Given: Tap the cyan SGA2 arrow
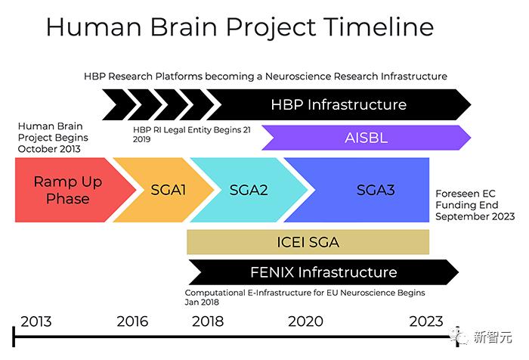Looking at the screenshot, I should click(x=248, y=190).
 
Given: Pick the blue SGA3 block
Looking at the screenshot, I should click(x=376, y=190).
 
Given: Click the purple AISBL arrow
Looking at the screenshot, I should click(x=365, y=137).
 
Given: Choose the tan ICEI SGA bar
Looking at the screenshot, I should click(x=308, y=242).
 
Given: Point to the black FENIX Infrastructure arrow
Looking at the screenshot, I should click(x=323, y=272).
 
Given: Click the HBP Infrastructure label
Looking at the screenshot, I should click(x=338, y=104).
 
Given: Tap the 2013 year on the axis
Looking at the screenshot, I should click(x=36, y=321).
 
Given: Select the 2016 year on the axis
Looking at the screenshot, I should click(x=132, y=321).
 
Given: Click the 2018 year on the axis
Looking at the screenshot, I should click(x=208, y=321).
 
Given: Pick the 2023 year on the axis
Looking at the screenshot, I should click(x=426, y=321).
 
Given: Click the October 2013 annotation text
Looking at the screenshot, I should click(x=48, y=148).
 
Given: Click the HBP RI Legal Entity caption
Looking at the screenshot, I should click(x=191, y=130).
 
